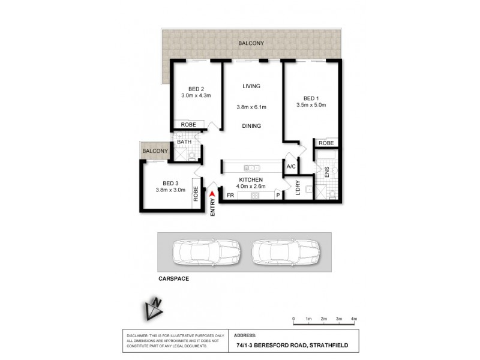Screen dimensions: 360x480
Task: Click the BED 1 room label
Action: pyautogui.click(x=310, y=98)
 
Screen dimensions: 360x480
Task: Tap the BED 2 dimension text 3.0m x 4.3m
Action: pyautogui.click(x=196, y=95)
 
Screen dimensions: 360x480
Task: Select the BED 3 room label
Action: pyautogui.click(x=171, y=183)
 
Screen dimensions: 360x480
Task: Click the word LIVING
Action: pyautogui.click(x=251, y=86)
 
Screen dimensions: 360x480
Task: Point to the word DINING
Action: pyautogui.click(x=251, y=126)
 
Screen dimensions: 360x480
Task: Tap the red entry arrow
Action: pyautogui.click(x=212, y=193)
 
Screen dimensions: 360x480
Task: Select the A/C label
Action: pyautogui.click(x=291, y=166)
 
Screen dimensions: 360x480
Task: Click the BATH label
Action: pyautogui.click(x=184, y=142)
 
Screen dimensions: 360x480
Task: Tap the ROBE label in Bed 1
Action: pyautogui.click(x=326, y=143)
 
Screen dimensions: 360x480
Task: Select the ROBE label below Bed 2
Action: pyautogui.click(x=188, y=125)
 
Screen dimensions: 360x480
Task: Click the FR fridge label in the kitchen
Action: pyautogui.click(x=230, y=195)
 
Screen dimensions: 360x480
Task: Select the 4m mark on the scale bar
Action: pyautogui.click(x=354, y=318)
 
